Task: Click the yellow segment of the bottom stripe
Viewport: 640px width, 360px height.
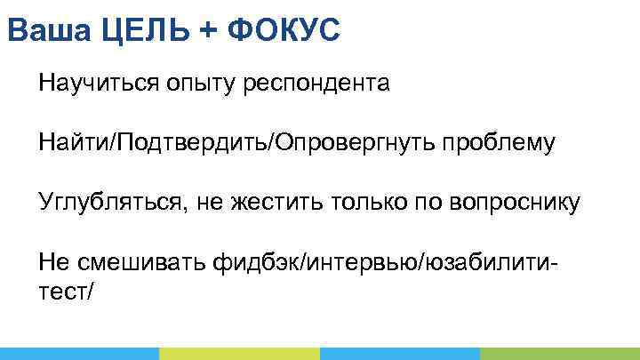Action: pyautogui.click(x=239, y=353)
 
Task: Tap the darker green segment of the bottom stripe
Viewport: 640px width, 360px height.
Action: pyautogui.click(x=559, y=353)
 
